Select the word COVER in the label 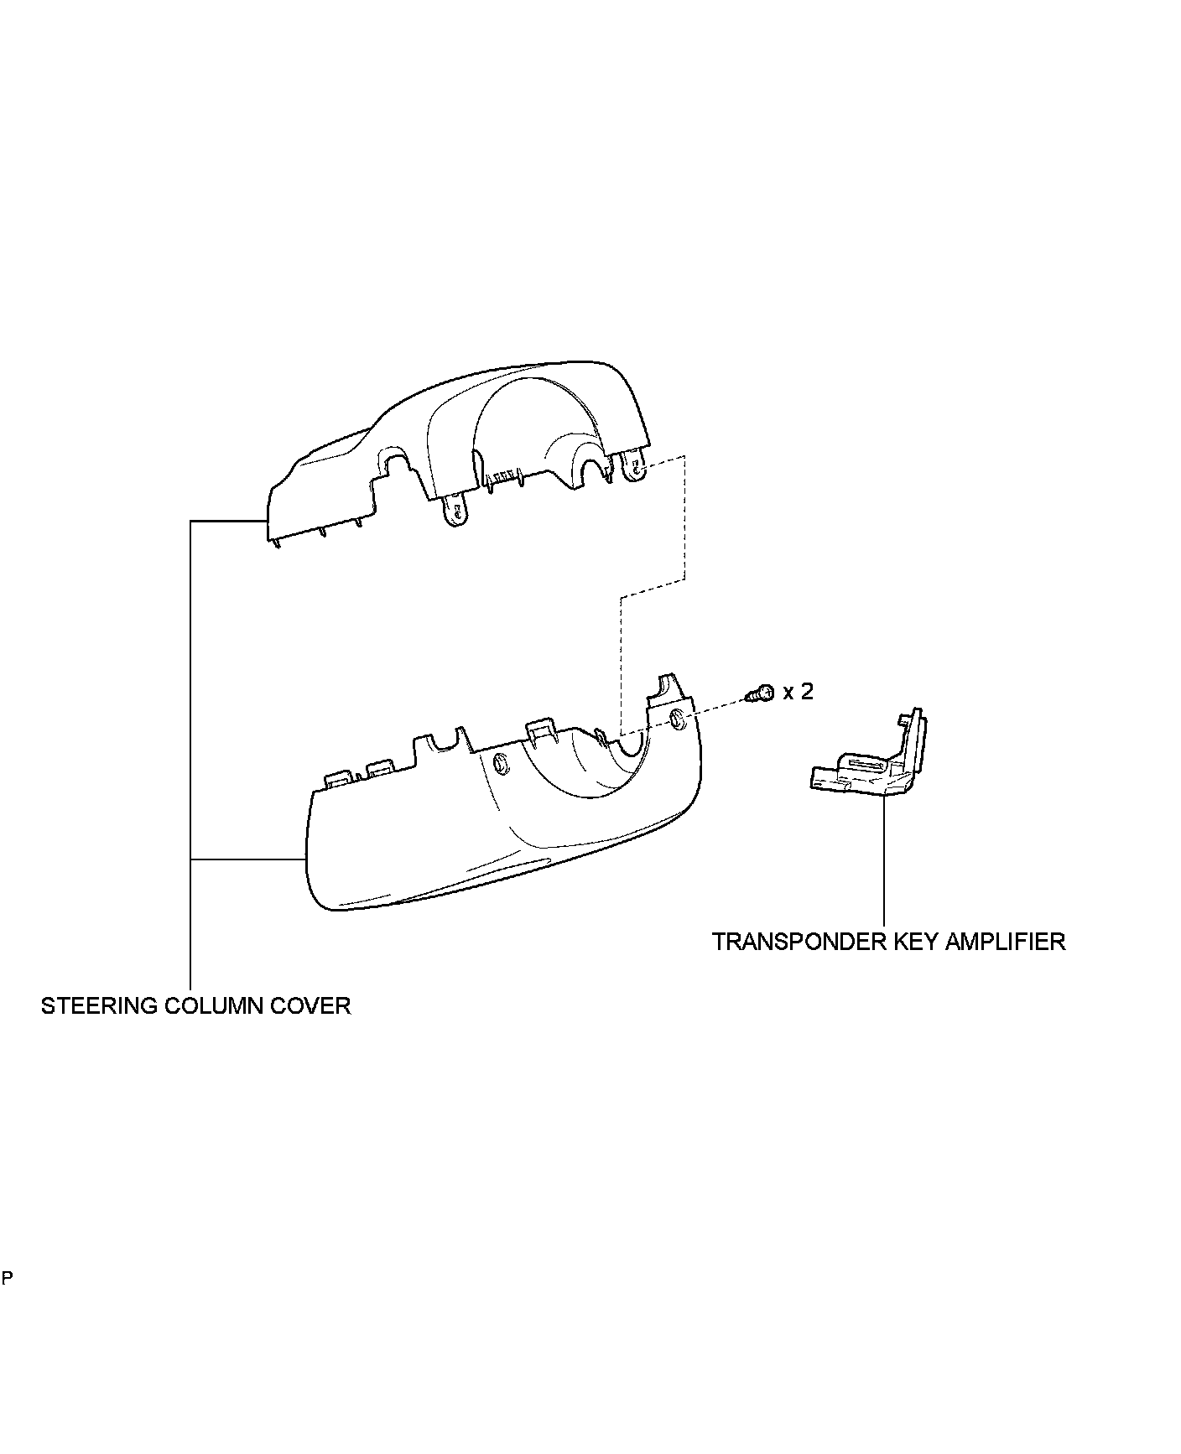click(x=317, y=1005)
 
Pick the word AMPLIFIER click(x=1006, y=942)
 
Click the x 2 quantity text click(x=798, y=692)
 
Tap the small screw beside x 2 click(x=759, y=693)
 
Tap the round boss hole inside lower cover click(x=501, y=764)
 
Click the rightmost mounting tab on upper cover click(x=635, y=466)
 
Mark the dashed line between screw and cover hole click(x=713, y=705)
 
